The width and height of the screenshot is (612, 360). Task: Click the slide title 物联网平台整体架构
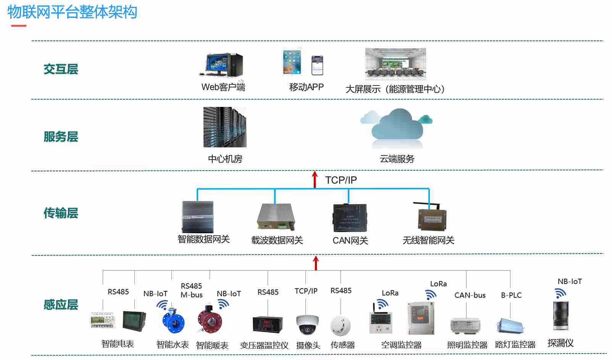[72, 12]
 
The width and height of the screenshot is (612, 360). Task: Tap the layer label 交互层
[61, 69]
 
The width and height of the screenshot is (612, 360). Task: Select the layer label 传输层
[61, 213]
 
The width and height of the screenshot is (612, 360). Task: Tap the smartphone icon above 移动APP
[317, 65]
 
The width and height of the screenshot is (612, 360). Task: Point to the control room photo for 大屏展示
[395, 63]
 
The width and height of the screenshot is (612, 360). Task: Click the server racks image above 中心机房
[225, 127]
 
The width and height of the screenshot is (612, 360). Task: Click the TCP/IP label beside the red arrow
[341, 180]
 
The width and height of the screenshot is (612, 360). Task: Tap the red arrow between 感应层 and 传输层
[316, 263]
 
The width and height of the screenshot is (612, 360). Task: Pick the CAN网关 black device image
[350, 218]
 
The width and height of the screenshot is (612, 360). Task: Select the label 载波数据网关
[277, 240]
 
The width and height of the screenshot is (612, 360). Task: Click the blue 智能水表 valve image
[173, 321]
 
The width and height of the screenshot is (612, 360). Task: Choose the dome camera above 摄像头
[307, 324]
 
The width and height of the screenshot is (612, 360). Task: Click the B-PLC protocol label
[511, 295]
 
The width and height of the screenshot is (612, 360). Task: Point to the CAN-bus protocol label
[470, 295]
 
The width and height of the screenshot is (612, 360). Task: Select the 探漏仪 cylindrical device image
[560, 316]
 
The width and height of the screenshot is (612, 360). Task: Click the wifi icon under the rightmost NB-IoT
[560, 293]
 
